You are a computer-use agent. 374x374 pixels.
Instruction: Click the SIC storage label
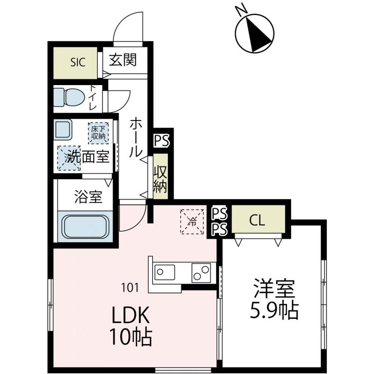tap(78, 63)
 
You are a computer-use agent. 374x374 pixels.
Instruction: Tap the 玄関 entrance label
tap(123, 60)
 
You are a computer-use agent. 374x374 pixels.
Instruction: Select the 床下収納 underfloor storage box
tap(99, 133)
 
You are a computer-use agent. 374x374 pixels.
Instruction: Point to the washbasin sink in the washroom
tap(63, 129)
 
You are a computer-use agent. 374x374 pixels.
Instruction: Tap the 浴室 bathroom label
tap(87, 197)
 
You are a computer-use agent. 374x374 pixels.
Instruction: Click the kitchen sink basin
tap(165, 272)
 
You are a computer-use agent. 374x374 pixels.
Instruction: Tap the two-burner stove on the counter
tap(201, 272)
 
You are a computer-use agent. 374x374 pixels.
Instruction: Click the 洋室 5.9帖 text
tap(274, 299)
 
